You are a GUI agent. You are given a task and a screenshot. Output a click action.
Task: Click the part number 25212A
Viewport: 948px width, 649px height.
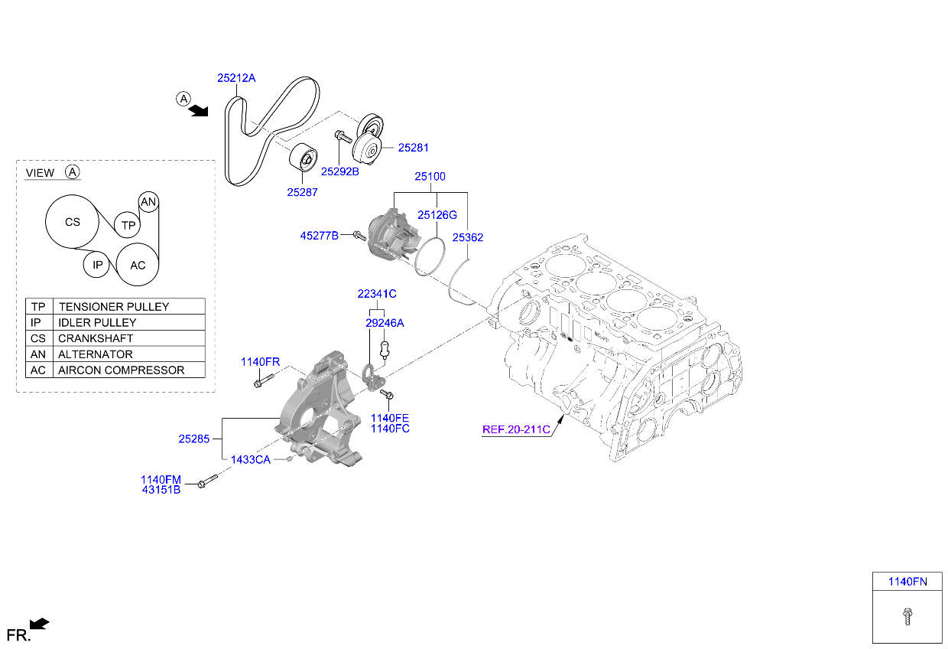point(236,78)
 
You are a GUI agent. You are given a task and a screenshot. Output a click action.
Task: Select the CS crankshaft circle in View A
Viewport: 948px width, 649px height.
point(72,223)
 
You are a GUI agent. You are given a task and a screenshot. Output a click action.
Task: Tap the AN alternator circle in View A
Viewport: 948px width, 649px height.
point(148,202)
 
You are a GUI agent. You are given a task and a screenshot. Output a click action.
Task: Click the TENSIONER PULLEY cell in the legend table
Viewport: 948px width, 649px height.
point(131,306)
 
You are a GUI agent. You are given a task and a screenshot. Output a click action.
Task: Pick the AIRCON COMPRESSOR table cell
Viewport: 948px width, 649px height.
point(131,370)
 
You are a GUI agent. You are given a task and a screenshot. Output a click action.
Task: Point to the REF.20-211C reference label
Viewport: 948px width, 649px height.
point(516,429)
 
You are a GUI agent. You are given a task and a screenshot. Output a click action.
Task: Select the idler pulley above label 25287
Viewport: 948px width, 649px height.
point(304,158)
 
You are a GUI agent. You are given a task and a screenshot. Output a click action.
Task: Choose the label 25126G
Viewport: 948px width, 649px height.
point(437,215)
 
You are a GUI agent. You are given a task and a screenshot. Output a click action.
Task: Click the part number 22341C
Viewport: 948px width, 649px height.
point(377,294)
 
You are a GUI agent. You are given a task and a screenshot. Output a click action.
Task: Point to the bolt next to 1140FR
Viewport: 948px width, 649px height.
point(262,380)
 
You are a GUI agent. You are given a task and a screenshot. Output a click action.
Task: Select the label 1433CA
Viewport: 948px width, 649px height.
point(251,459)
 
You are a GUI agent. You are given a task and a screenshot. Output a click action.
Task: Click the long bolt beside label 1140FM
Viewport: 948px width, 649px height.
point(207,482)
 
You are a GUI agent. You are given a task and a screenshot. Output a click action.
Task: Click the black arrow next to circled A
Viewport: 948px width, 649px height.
point(199,112)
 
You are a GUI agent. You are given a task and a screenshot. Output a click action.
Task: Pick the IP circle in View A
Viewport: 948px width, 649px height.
point(97,266)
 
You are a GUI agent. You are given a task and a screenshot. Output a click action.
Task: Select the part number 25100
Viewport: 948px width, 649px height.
point(430,177)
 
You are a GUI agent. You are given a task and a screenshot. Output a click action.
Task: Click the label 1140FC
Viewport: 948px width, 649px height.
point(390,429)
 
